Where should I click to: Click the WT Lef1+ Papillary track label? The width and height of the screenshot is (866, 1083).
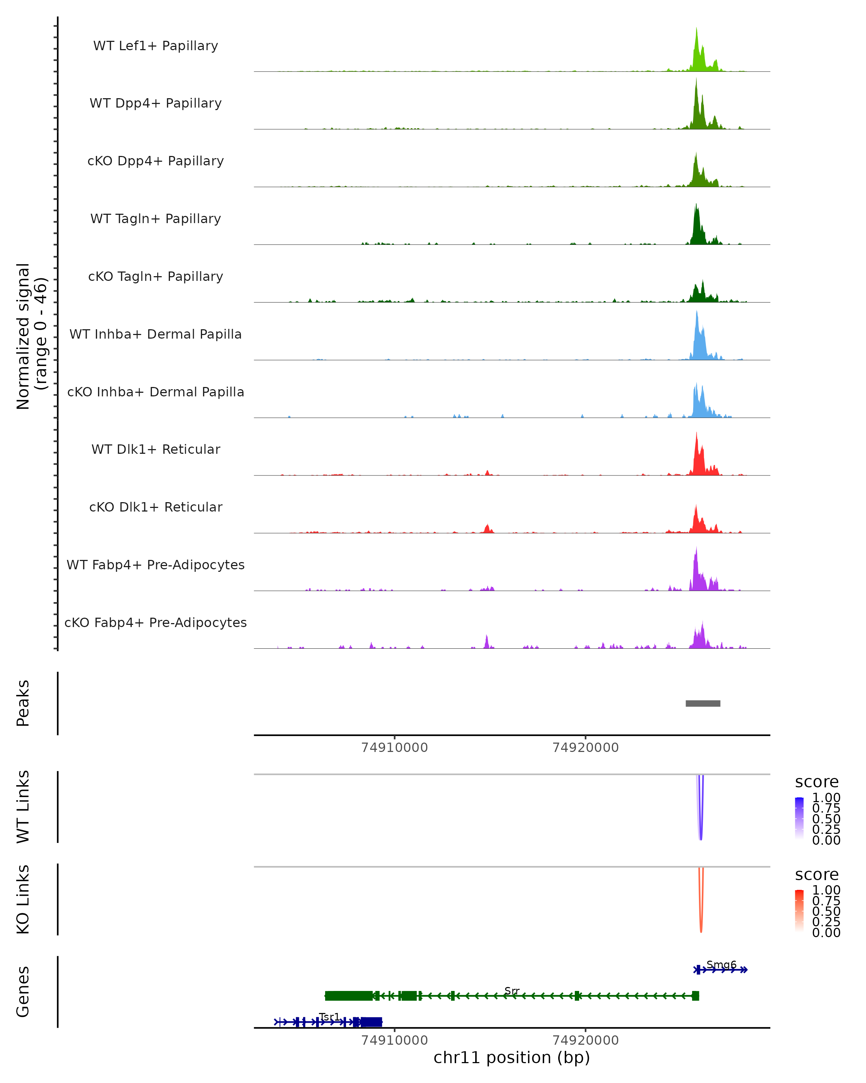[156, 46]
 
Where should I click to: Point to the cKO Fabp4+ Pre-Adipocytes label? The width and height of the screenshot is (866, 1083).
[156, 622]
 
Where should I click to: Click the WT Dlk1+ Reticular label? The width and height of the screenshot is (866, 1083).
[156, 449]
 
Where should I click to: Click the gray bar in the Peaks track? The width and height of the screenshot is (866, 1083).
[703, 703]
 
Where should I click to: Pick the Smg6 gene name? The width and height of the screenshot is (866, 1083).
[721, 965]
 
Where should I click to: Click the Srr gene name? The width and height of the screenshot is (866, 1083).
[512, 991]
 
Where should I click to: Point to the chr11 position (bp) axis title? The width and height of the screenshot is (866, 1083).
[512, 1057]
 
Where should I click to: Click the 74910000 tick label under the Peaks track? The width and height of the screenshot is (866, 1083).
[395, 748]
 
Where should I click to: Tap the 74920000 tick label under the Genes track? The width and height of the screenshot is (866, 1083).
[585, 1040]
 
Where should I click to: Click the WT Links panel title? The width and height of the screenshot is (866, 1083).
[23, 807]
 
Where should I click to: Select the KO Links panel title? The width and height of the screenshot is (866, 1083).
[23, 899]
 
